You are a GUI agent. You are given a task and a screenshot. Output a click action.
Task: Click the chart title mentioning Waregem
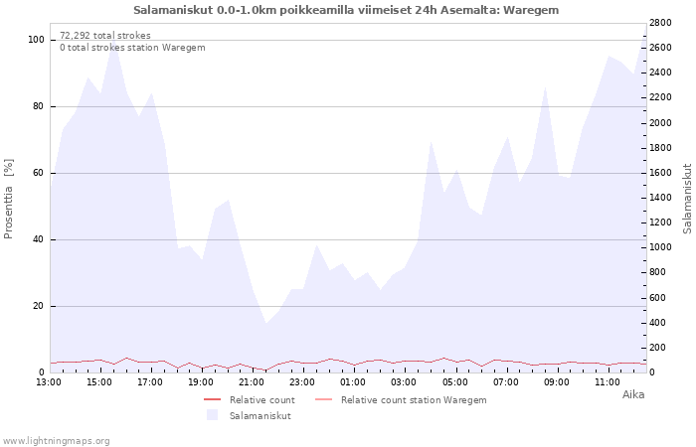[x=346, y=10]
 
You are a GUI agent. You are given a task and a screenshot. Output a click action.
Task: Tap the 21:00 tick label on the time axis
[x=252, y=382]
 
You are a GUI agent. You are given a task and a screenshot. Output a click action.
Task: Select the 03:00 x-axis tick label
[x=404, y=382]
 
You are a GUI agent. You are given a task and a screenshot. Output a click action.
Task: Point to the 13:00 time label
[x=49, y=382]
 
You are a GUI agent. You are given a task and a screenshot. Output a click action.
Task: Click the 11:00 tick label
[x=607, y=382]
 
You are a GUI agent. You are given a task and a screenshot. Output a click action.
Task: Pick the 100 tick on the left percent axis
[x=37, y=40]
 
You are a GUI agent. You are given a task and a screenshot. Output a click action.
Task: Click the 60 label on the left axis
[x=38, y=173]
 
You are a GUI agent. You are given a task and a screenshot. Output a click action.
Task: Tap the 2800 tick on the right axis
[x=660, y=23]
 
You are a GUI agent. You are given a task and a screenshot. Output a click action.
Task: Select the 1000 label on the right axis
[x=660, y=247]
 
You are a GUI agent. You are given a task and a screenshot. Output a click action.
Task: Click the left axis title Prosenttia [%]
[x=8, y=199]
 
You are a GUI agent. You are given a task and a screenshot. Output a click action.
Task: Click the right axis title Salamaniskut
[x=688, y=199]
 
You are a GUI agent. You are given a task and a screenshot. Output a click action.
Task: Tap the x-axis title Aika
[x=633, y=394]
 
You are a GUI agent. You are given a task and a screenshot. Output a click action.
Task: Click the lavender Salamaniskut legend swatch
[x=213, y=415]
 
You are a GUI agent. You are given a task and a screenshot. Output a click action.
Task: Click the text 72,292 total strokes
[x=105, y=36]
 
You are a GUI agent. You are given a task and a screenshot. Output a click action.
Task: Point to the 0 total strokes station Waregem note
[x=132, y=48]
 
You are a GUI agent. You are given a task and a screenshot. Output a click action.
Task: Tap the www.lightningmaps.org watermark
[x=56, y=441]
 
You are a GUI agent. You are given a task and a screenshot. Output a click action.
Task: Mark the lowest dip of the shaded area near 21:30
[x=265, y=323]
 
